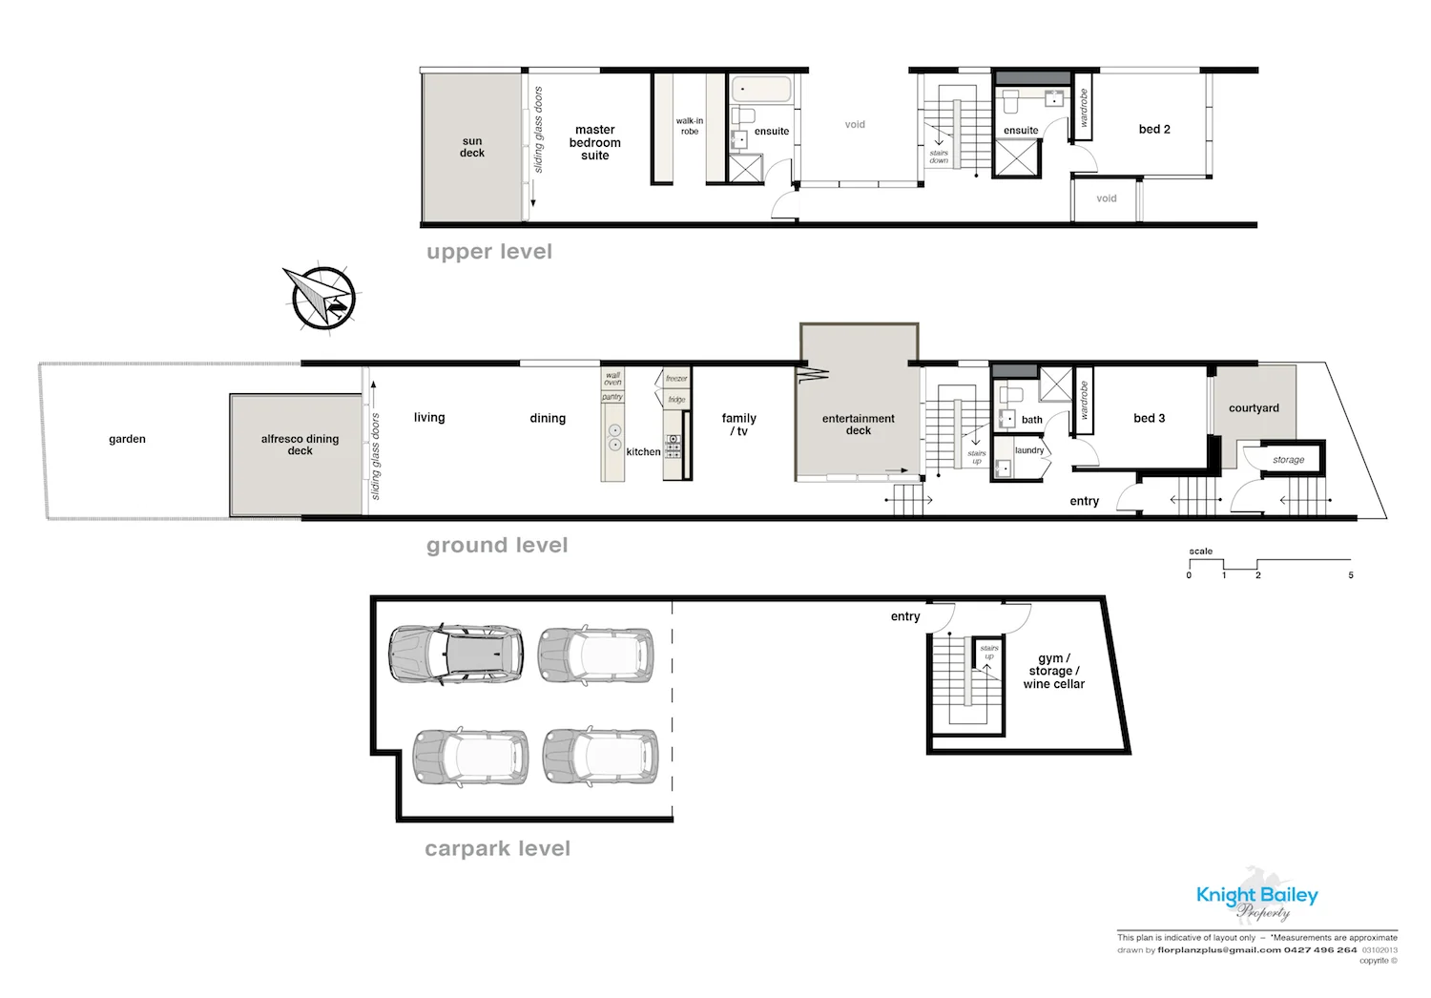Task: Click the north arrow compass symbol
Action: coord(322,299)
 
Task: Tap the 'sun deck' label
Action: coord(472,147)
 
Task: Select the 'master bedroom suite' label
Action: coord(594,143)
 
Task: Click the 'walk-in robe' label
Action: coord(689,126)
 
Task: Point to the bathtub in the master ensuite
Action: coord(760,91)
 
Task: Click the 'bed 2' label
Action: coord(1154,130)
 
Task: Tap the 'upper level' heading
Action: coord(489,252)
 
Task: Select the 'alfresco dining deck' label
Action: coord(300,445)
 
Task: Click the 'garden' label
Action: coord(127,440)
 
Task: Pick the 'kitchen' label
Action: coord(643,452)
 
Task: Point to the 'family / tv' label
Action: coord(738,425)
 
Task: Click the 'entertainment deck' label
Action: coord(858,425)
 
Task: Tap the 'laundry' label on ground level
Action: coord(1028,450)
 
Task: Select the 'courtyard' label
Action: coord(1254,408)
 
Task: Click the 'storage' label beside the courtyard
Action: coord(1288,460)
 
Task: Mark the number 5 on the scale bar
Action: coord(1351,575)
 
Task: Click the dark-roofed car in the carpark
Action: coord(456,654)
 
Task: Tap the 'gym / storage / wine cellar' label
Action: coord(1054,672)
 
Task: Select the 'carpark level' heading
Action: coord(497,849)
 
